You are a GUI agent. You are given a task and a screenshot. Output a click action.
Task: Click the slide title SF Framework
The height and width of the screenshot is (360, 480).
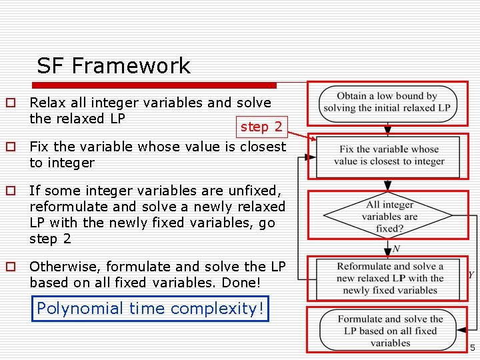tap(113, 66)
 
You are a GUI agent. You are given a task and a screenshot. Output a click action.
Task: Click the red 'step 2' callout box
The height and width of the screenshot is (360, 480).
tap(261, 127)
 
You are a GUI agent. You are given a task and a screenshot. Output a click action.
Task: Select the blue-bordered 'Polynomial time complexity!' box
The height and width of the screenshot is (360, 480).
tap(150, 309)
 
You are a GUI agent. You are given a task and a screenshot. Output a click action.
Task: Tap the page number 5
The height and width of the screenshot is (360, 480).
tap(472, 348)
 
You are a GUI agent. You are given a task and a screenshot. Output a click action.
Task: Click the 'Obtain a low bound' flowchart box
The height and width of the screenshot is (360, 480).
tap(387, 102)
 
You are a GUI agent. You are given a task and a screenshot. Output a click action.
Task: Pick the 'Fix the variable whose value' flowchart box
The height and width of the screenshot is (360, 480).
tap(388, 156)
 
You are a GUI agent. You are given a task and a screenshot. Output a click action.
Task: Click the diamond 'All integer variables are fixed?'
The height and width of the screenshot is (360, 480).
tap(390, 216)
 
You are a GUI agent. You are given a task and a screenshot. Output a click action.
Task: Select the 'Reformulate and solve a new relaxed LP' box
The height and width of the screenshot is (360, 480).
tap(389, 278)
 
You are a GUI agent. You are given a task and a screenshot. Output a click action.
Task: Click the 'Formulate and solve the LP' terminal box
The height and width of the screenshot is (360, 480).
tap(389, 331)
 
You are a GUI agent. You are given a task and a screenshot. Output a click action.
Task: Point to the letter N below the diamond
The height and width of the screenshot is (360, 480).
tap(397, 249)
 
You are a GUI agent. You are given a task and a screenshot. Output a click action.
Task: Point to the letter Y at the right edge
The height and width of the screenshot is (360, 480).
tap(471, 275)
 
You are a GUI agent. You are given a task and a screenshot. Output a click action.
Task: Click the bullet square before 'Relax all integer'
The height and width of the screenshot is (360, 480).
tap(11, 103)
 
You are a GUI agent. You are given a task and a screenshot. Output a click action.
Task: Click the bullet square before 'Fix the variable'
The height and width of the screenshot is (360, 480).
tap(11, 147)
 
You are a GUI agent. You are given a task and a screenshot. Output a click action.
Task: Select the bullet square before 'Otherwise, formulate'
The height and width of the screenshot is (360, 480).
tap(11, 267)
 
